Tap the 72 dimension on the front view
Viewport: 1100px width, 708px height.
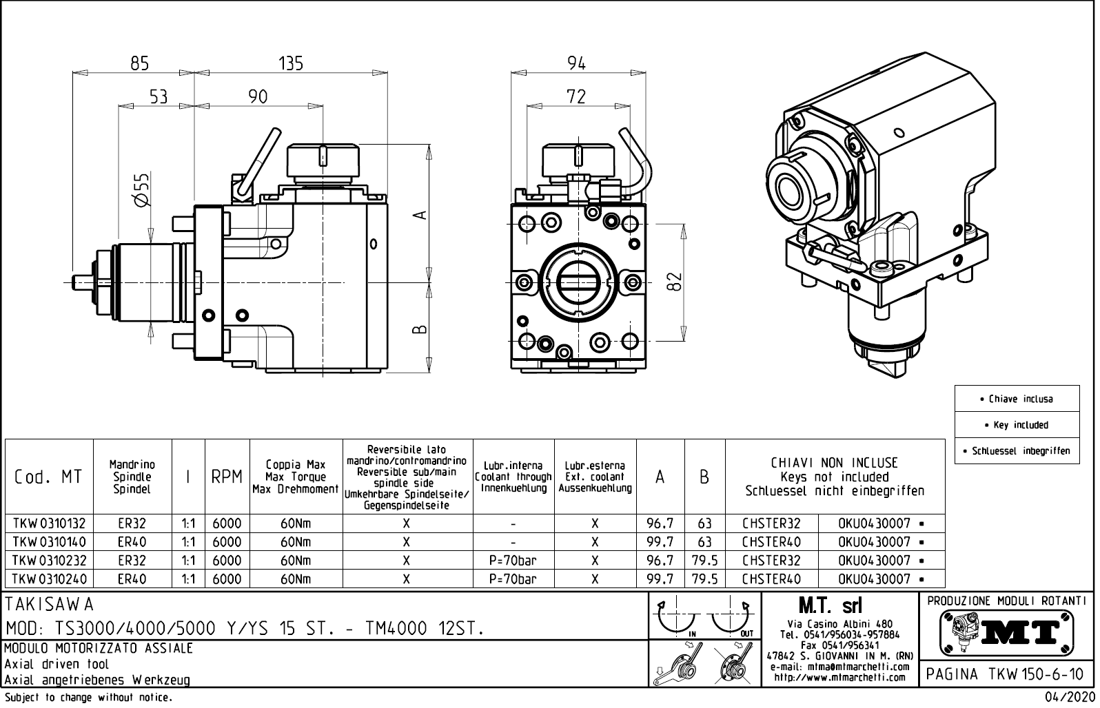coord(576,96)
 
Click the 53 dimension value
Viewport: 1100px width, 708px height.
coord(159,96)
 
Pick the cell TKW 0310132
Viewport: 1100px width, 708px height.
coord(49,523)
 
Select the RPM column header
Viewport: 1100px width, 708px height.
coord(226,477)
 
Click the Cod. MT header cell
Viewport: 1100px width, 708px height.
coord(48,477)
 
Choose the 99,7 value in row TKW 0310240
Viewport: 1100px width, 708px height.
coord(660,579)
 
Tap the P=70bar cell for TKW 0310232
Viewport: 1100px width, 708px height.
coord(513,561)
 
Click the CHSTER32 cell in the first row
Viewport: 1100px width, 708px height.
coord(771,523)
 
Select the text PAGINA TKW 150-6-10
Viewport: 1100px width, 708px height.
coord(1006,674)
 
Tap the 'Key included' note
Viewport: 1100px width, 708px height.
coord(1017,425)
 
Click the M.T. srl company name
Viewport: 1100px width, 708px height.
coord(830,606)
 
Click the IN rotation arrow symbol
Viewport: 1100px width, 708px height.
coord(678,618)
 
